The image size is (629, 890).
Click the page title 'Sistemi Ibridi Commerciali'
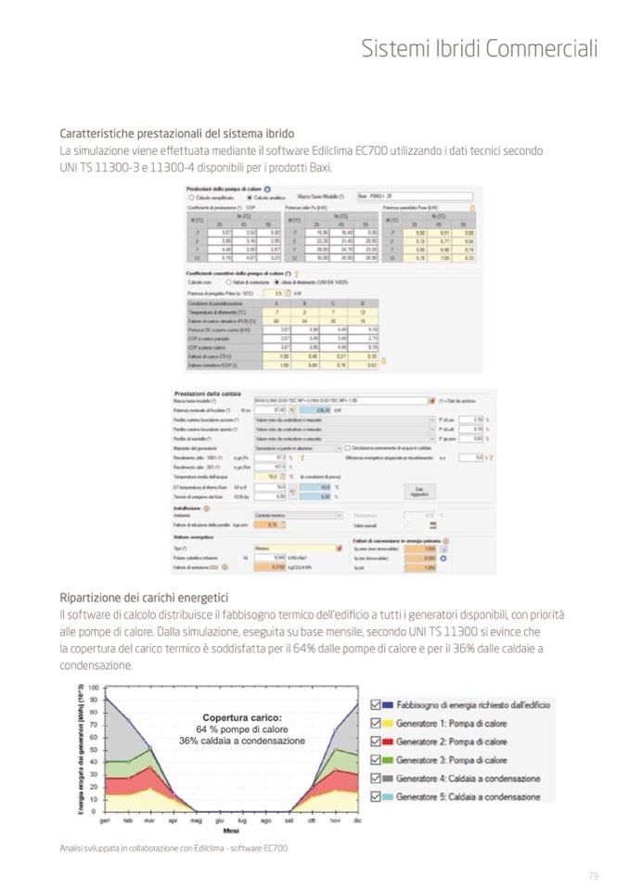point(479,48)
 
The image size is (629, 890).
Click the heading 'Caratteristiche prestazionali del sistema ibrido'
point(177,134)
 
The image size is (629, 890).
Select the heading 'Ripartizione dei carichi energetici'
point(144,597)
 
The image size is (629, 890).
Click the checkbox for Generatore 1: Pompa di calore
point(376,724)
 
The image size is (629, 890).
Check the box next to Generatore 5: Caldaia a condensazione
point(376,796)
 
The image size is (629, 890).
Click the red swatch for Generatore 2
point(389,742)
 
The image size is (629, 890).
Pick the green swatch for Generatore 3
point(389,760)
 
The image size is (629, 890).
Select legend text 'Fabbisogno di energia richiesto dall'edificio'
point(473,705)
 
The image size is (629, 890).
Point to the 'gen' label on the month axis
point(105,820)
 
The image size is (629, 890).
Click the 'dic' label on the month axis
point(357,820)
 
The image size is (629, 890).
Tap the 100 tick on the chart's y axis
point(94,688)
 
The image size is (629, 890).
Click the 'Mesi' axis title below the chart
point(230,832)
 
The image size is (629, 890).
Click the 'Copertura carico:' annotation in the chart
point(242,717)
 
